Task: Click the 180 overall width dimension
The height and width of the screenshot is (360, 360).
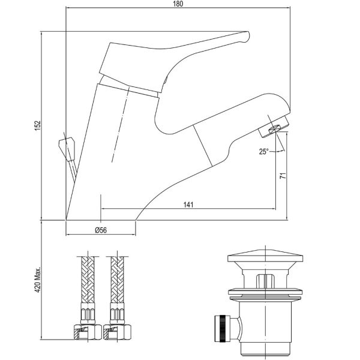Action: point(178,4)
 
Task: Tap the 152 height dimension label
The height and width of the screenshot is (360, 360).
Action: point(37,125)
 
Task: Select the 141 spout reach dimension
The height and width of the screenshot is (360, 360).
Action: point(188,205)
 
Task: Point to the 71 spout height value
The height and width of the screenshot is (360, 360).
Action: point(284,176)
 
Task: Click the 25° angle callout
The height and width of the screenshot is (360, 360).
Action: point(264,151)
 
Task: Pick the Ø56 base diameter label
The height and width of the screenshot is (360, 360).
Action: point(101,230)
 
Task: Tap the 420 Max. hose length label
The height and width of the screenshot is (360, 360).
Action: point(37,280)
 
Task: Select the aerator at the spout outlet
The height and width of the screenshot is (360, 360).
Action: point(273,127)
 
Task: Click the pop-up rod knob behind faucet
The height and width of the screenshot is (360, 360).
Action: point(67,149)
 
